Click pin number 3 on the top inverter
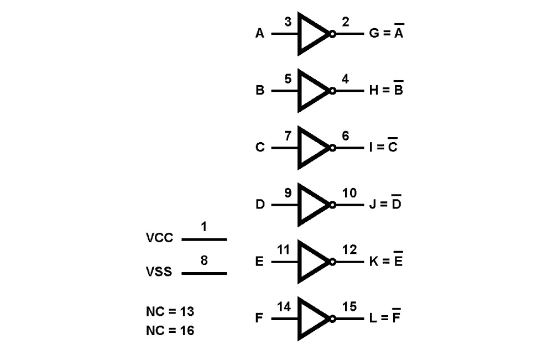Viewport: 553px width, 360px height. pos(288,22)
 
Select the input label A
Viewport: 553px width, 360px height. pos(259,33)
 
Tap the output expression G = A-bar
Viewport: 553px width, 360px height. pos(387,31)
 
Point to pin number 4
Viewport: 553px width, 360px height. pos(345,79)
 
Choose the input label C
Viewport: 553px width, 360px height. pos(260,147)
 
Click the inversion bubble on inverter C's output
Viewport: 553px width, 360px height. pos(332,148)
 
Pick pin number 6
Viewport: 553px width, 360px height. pos(346,135)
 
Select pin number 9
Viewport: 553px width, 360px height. pos(288,193)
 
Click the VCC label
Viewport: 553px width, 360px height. pos(159,238)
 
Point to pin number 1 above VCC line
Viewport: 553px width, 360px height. pos(204,226)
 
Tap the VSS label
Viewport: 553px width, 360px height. pos(159,272)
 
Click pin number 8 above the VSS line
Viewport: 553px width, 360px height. pos(204,260)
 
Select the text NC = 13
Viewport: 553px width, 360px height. pos(170,311)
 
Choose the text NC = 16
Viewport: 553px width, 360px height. pos(170,330)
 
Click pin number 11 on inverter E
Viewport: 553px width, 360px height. pos(284,249)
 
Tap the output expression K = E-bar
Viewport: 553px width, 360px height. pos(386,259)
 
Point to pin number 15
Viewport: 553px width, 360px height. pos(349,306)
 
